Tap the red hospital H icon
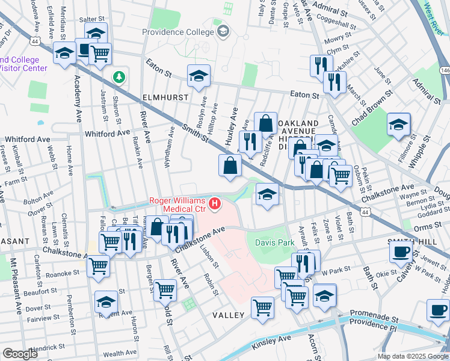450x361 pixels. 214,206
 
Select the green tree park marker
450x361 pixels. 119,77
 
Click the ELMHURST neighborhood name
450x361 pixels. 165,97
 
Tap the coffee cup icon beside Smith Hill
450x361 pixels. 400,252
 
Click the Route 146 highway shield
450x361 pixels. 445,70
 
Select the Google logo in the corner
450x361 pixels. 20,354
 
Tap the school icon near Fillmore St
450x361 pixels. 398,125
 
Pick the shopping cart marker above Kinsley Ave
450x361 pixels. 262,308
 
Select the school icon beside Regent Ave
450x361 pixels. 106,301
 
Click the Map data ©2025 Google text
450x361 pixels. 413,356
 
